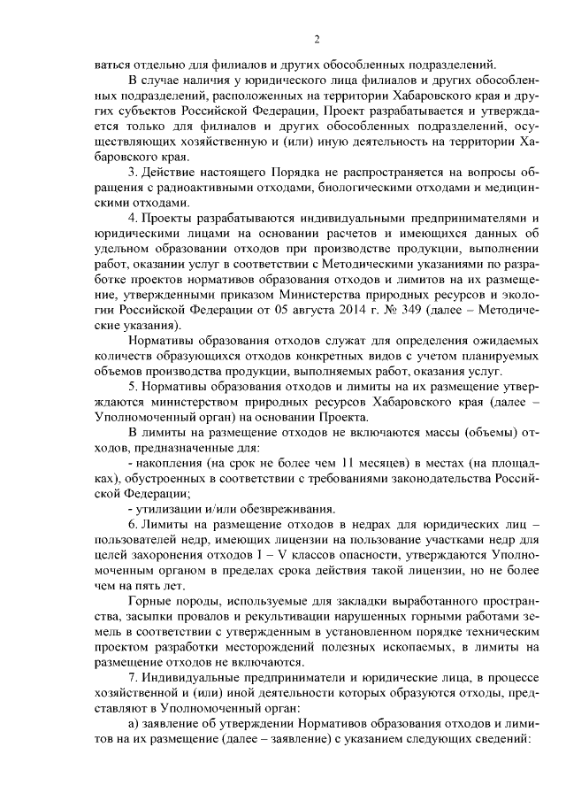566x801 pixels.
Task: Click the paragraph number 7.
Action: click(134, 679)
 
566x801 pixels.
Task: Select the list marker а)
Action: click(135, 726)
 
